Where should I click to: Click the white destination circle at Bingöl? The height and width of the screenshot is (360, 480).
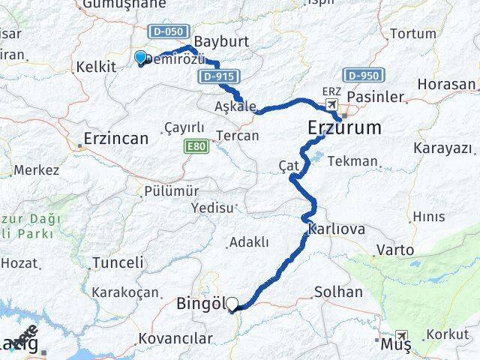232,304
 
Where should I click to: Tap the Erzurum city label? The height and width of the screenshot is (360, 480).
344,128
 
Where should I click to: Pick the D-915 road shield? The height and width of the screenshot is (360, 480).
215,77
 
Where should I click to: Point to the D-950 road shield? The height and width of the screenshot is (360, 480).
364,76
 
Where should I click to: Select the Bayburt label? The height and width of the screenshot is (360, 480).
216,40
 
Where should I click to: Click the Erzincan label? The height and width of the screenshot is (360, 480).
115,139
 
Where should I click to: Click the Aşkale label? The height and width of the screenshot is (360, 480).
235,106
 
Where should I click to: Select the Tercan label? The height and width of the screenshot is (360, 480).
237,136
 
